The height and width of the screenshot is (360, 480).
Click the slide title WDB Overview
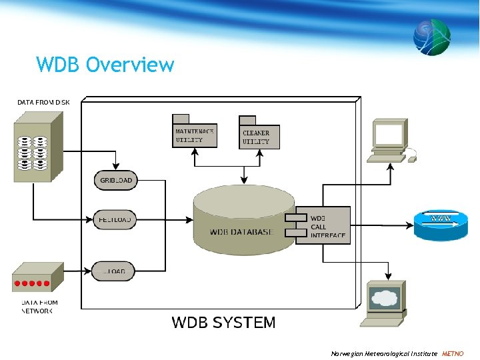click(105, 65)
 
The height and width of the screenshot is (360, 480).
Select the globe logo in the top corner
click(431, 36)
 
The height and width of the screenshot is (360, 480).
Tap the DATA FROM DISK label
click(43, 102)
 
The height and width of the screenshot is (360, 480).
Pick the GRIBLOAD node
click(116, 180)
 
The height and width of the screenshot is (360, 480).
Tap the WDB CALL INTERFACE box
click(323, 225)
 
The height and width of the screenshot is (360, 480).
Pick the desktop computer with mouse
click(391, 140)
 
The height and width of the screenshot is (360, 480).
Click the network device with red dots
click(37, 278)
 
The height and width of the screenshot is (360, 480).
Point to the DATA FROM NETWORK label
click(39, 307)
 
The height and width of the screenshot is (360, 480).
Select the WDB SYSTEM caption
click(223, 323)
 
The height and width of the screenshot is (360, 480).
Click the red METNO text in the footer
click(453, 353)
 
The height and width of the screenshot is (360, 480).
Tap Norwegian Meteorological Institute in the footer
click(384, 353)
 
